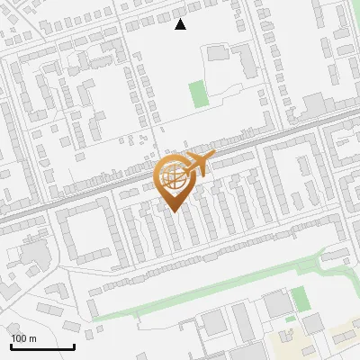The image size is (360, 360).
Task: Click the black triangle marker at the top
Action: [x=181, y=24]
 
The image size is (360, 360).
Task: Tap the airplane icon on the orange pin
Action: [x=196, y=165]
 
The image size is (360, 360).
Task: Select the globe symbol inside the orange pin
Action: [x=173, y=179]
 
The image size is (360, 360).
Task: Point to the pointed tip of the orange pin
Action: [x=174, y=212]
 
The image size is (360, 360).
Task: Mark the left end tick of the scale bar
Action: [x=10, y=346]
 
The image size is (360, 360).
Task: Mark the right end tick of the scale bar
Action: [x=74, y=346]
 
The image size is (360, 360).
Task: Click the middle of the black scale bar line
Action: [x=41, y=347]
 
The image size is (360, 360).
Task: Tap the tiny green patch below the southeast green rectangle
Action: [x=290, y=319]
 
